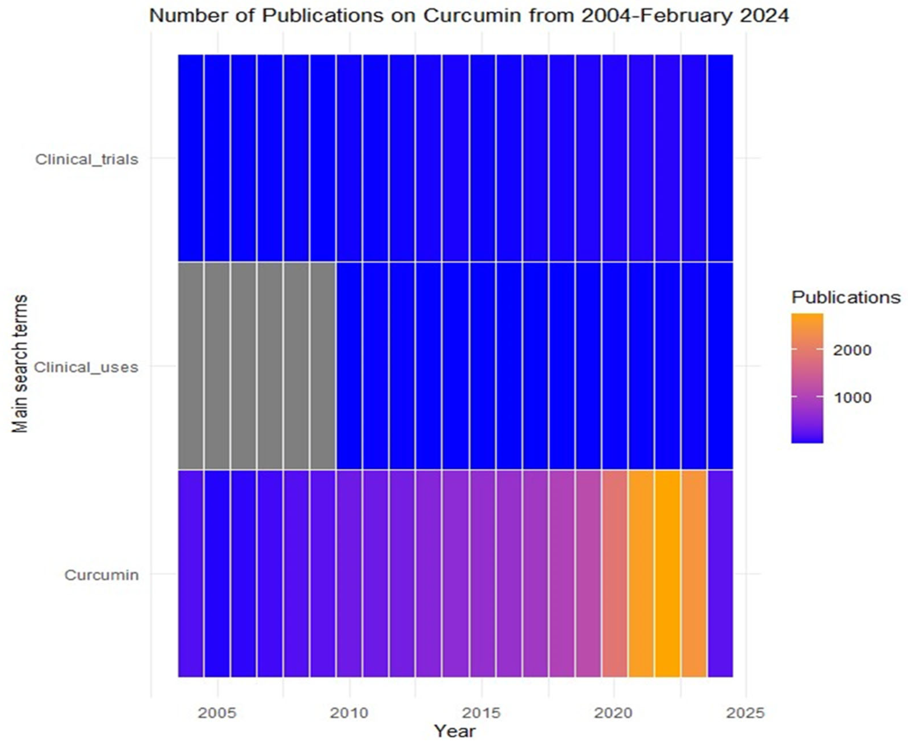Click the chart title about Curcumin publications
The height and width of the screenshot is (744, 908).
(x=469, y=16)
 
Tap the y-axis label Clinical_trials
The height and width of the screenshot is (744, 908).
(x=87, y=159)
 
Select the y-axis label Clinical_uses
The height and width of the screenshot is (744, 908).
(x=86, y=367)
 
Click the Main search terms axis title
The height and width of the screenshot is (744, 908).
(x=19, y=364)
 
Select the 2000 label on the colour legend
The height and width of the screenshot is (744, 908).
(x=852, y=350)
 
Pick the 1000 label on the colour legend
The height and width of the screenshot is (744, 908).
(x=852, y=398)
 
